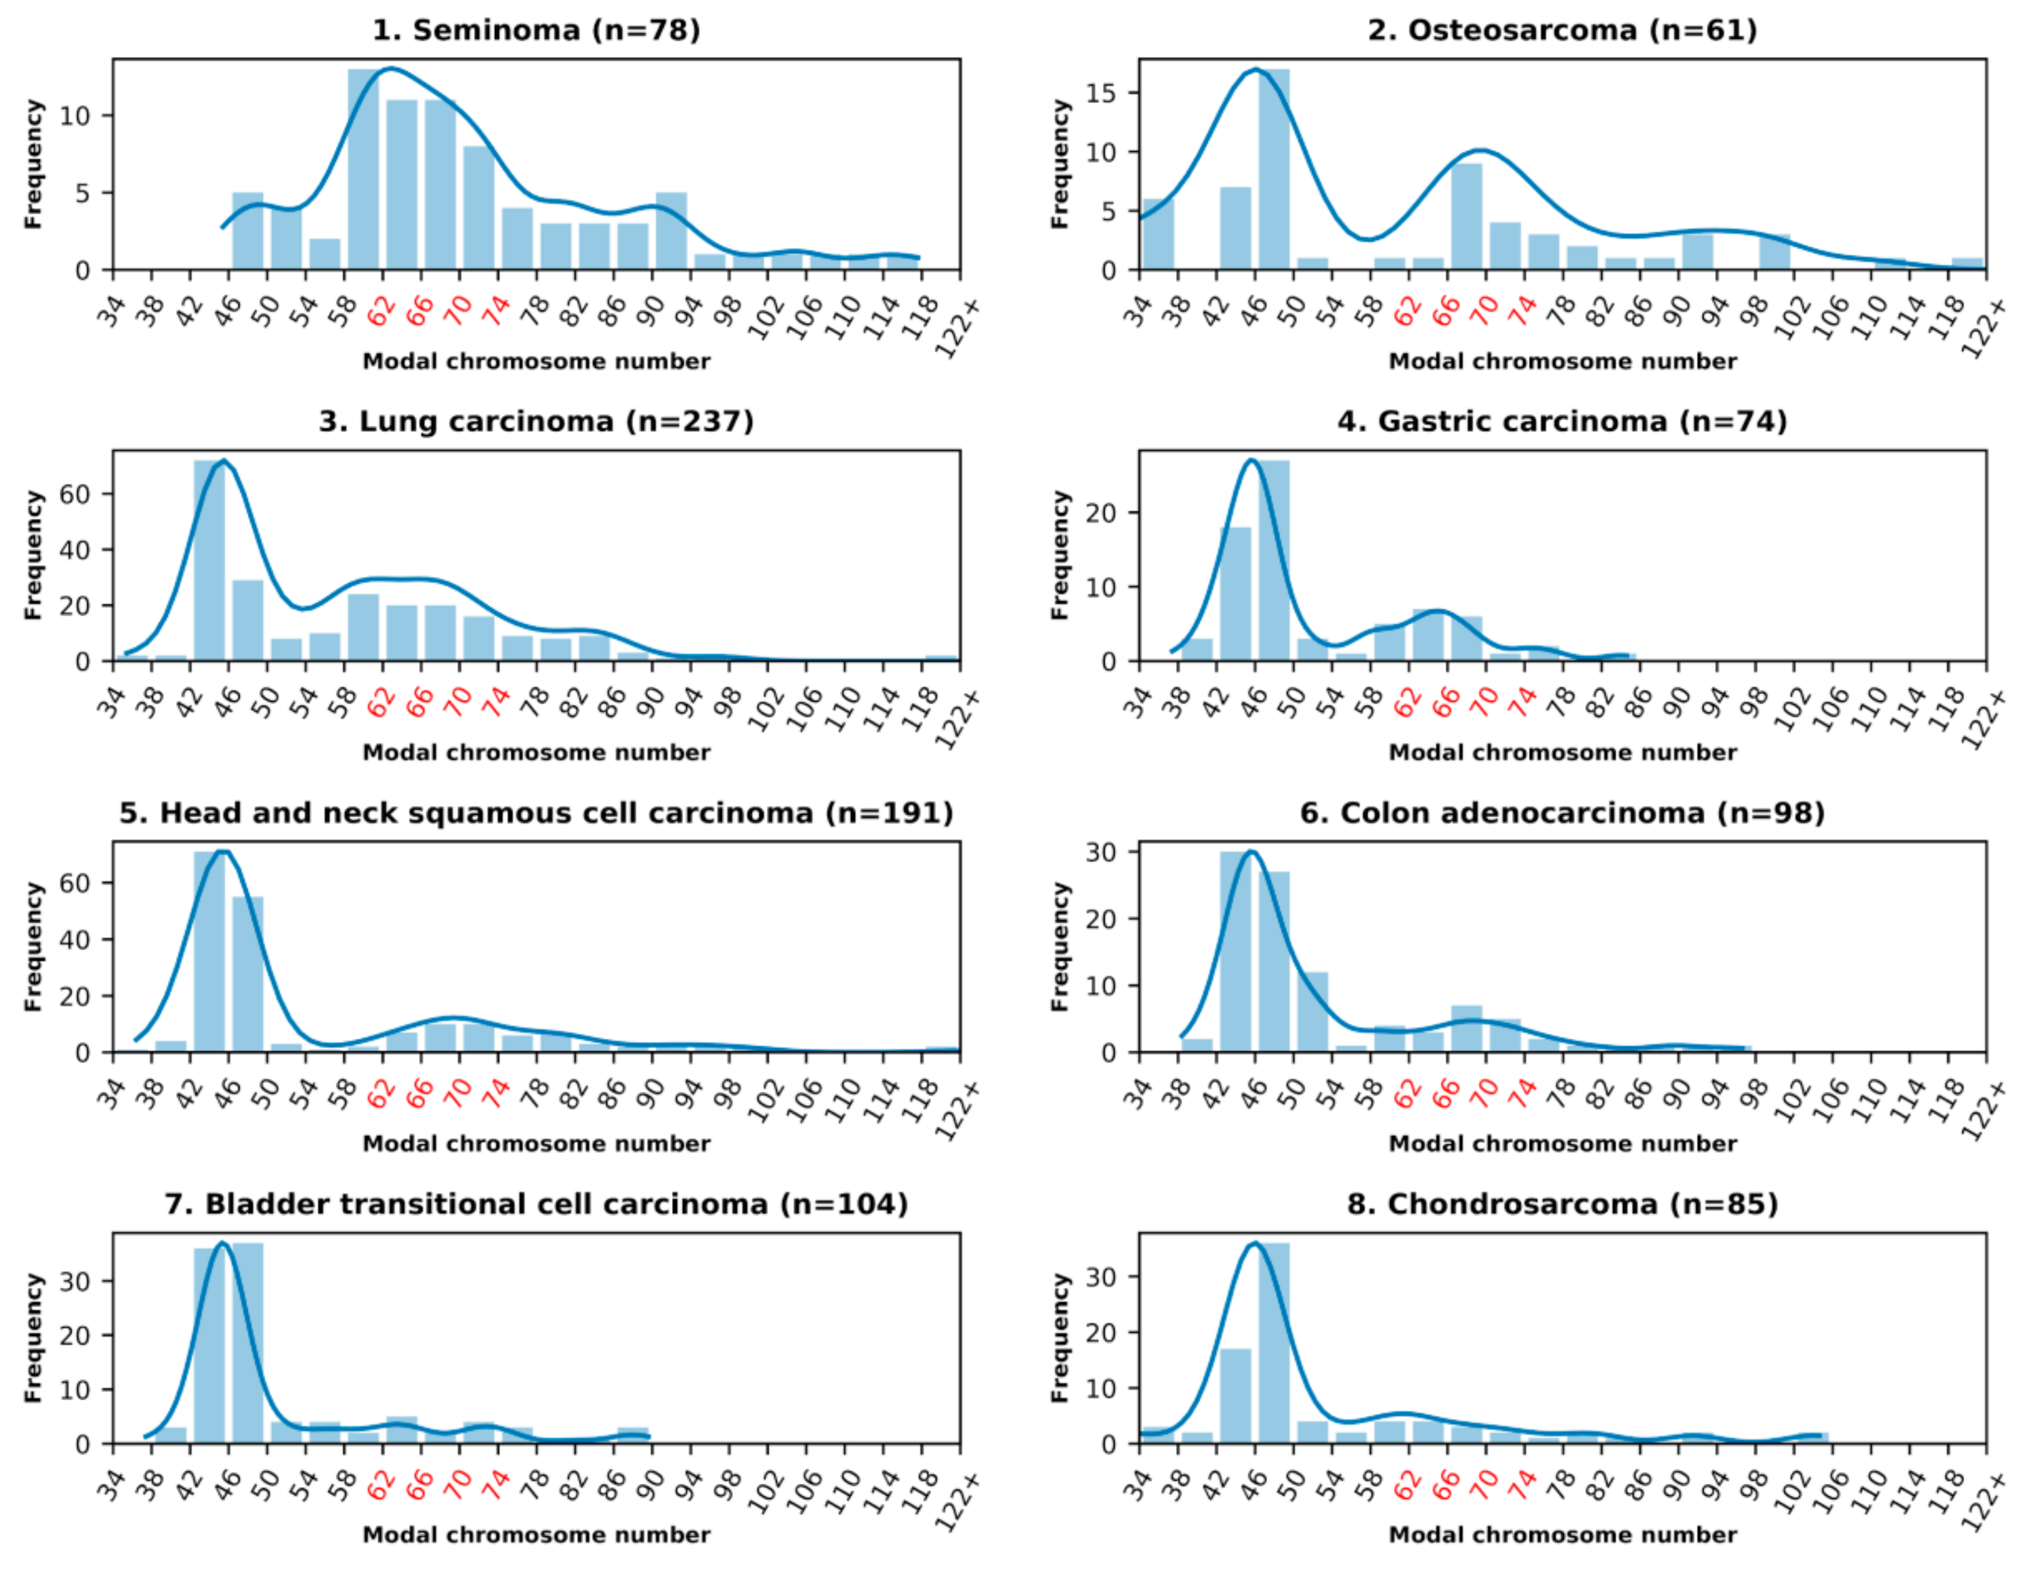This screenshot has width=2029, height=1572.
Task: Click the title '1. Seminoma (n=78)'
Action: pyautogui.click(x=536, y=30)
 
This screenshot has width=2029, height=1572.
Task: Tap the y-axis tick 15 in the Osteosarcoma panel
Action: pyautogui.click(x=1107, y=93)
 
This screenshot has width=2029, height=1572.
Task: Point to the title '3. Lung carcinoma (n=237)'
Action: pyautogui.click(x=536, y=421)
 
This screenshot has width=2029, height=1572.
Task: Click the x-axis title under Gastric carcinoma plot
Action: pyautogui.click(x=1562, y=752)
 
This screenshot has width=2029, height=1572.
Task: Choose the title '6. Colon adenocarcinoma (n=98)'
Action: pyautogui.click(x=1562, y=813)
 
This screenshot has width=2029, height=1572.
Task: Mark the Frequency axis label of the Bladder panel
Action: pyautogui.click(x=34, y=1338)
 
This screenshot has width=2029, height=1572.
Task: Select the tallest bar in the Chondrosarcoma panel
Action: pyautogui.click(x=1274, y=1342)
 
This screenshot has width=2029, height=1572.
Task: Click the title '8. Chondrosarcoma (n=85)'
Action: pyautogui.click(x=1562, y=1204)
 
